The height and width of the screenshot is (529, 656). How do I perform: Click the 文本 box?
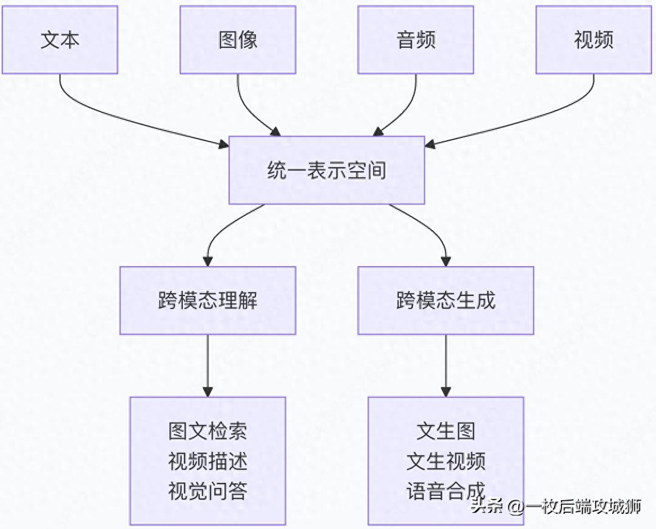(x=60, y=40)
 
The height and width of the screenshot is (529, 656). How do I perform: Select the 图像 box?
(x=237, y=40)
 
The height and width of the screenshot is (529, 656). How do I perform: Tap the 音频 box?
(x=416, y=40)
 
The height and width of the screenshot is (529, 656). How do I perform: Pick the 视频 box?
(x=594, y=40)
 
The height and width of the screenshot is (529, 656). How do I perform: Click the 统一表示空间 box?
(x=326, y=170)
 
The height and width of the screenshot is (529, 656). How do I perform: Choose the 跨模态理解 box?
(x=208, y=301)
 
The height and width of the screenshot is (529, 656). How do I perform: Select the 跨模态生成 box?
(x=446, y=301)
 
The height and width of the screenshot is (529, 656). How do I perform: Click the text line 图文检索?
(x=208, y=432)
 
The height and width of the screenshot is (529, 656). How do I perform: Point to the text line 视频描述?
(x=208, y=461)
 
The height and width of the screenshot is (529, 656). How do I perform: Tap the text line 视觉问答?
(x=208, y=491)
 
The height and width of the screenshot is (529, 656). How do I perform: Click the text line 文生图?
(x=446, y=432)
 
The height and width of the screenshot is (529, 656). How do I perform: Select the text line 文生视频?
(x=446, y=461)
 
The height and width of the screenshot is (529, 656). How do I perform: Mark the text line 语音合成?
(x=446, y=491)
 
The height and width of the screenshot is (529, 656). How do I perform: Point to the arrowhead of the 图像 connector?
(x=275, y=131)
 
